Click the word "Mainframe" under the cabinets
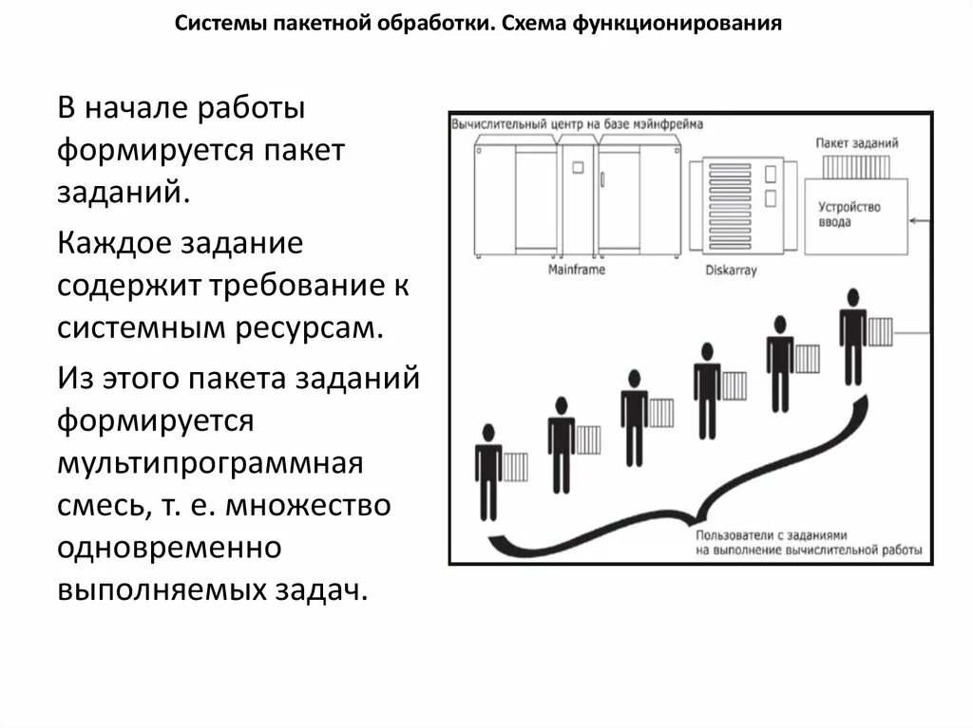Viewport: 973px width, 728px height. (x=576, y=271)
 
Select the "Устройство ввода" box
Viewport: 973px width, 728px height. (x=855, y=215)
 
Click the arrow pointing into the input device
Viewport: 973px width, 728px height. (x=918, y=220)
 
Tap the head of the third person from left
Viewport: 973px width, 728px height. (x=633, y=378)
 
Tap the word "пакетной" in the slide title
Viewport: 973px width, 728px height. (x=321, y=23)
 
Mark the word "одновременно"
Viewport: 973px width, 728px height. (x=169, y=548)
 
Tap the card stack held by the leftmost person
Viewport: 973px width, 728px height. (x=515, y=467)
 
